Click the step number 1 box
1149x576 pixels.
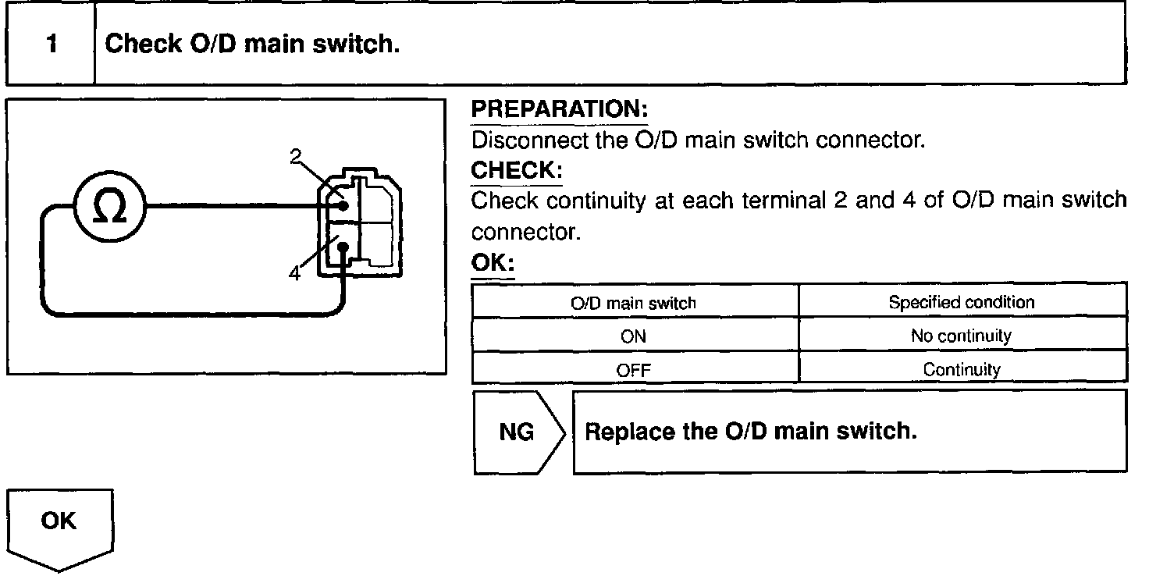[52, 44]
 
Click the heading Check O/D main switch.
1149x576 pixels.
[252, 44]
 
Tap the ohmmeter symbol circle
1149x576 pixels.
[108, 207]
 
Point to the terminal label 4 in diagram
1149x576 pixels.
[294, 273]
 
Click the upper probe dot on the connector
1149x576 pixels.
[343, 207]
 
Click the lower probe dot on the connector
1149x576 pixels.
[343, 249]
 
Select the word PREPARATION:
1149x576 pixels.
[560, 110]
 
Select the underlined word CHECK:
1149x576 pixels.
[517, 170]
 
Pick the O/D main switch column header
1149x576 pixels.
[635, 302]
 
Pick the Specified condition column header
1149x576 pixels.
[961, 302]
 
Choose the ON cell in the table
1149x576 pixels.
[635, 336]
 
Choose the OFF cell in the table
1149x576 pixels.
[635, 370]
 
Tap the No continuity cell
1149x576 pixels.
[961, 336]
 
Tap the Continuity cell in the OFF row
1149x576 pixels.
[961, 370]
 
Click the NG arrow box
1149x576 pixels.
[518, 432]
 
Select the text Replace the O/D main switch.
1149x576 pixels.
[750, 432]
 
